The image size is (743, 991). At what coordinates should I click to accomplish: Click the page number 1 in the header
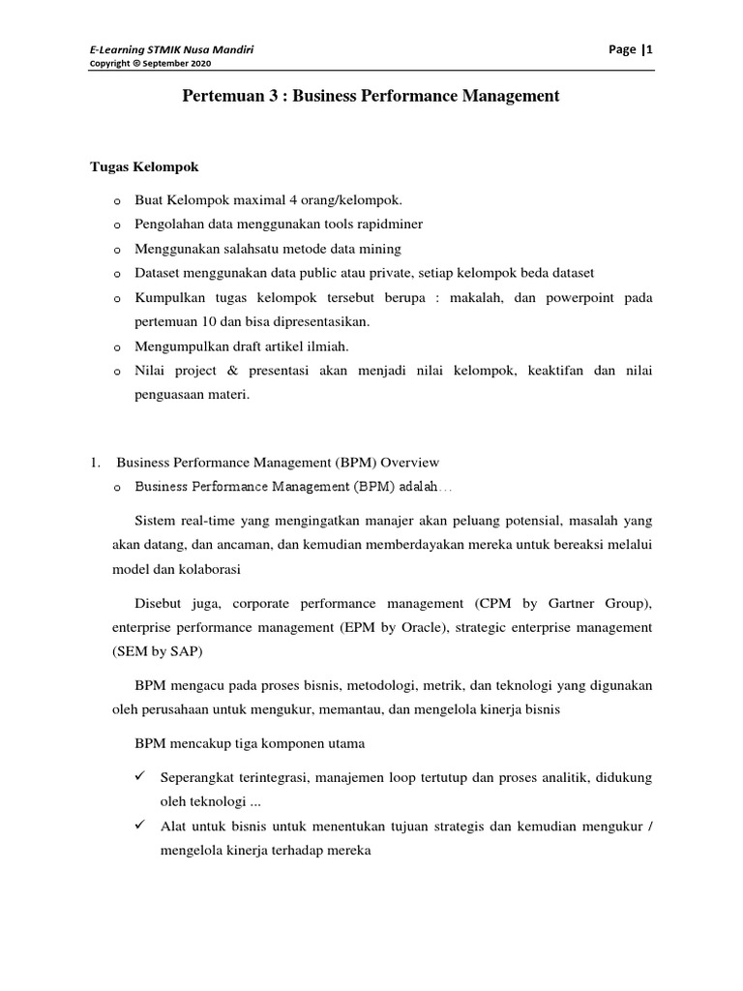[x=651, y=49]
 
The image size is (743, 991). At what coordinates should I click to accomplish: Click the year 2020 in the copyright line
[x=197, y=64]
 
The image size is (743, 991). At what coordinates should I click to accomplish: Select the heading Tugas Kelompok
[x=144, y=166]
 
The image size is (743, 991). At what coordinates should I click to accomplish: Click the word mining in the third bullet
[x=380, y=248]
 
